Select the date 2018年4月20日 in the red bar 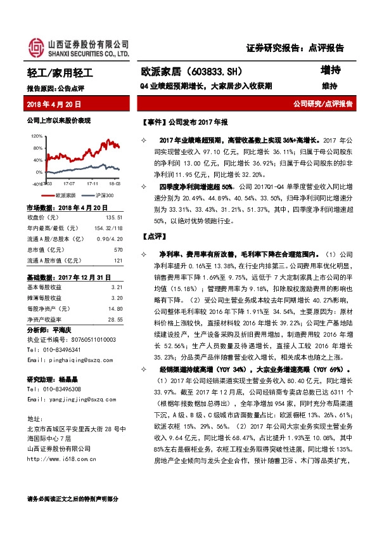54,103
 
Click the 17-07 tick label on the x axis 69,183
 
